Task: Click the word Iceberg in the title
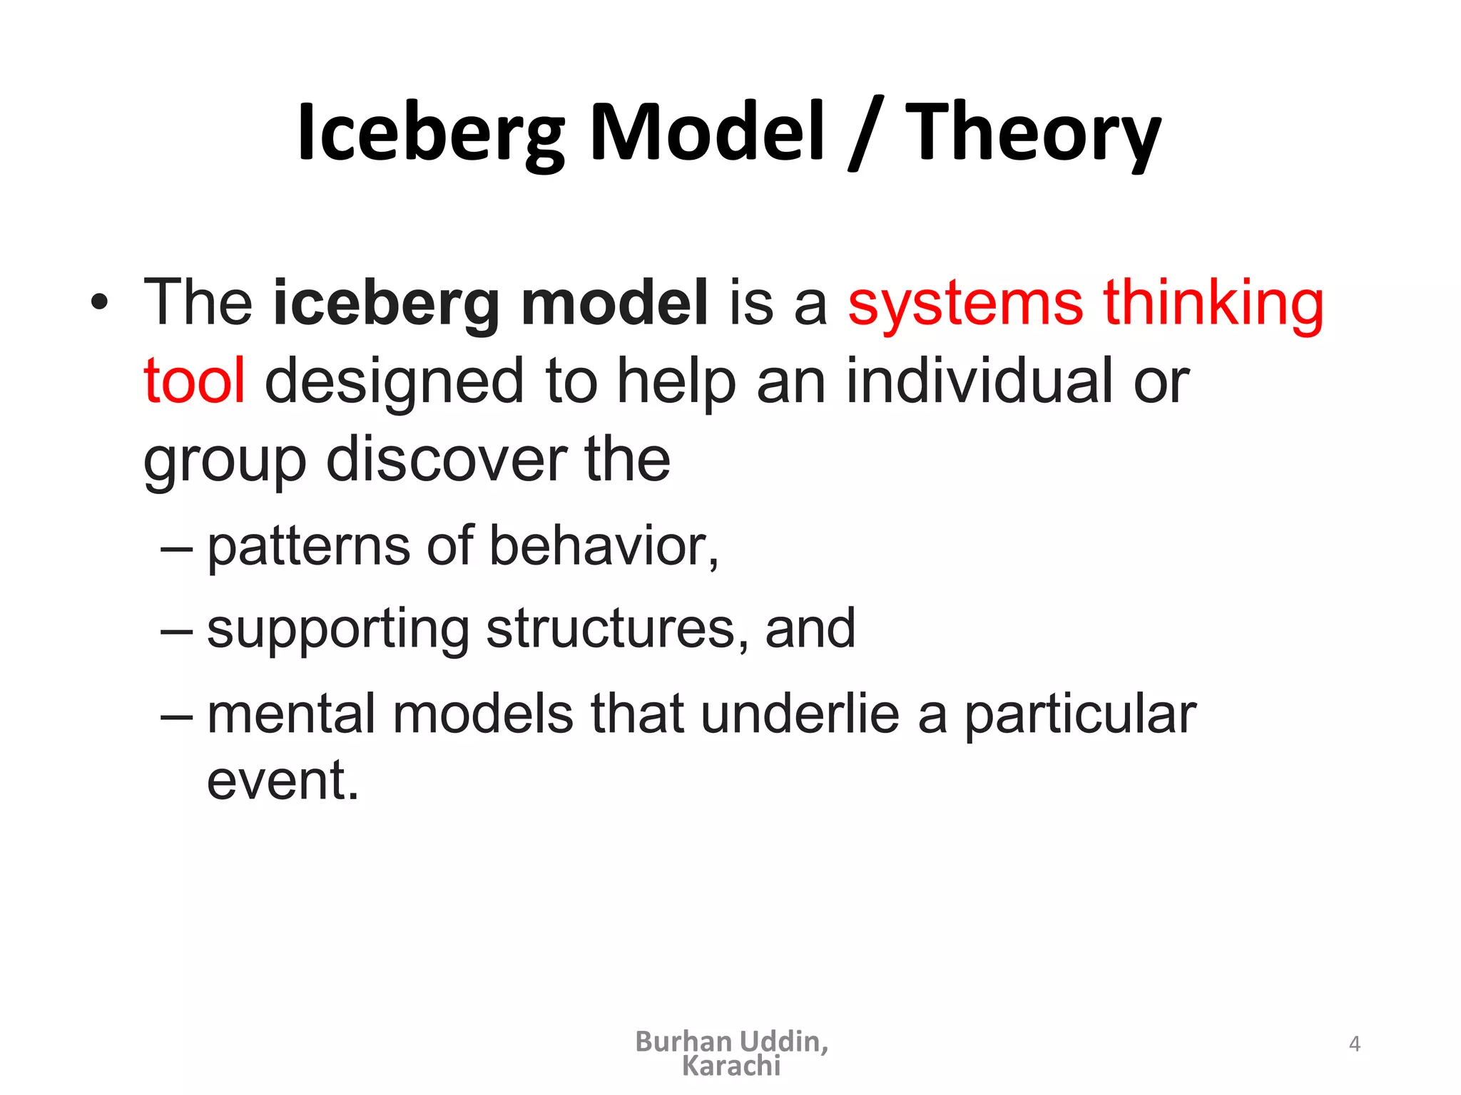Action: [431, 133]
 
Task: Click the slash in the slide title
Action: [865, 133]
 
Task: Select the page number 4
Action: [1355, 1044]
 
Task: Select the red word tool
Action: [194, 381]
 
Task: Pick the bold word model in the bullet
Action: [614, 303]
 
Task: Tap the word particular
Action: [1080, 714]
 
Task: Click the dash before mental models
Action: [176, 716]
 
